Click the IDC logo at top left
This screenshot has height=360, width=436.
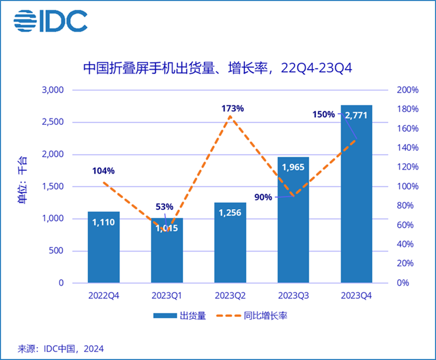click(x=50, y=22)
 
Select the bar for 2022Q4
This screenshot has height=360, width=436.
click(x=104, y=247)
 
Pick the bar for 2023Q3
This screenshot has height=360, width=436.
click(x=293, y=224)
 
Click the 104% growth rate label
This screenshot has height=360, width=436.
click(x=103, y=171)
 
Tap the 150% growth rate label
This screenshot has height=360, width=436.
click(x=324, y=114)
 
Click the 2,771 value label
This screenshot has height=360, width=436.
click(x=356, y=115)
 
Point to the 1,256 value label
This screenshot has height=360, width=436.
click(x=230, y=213)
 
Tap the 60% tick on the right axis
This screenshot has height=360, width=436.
click(x=406, y=225)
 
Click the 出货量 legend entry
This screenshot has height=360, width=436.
click(x=180, y=316)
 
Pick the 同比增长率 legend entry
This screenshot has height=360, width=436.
click(x=259, y=316)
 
